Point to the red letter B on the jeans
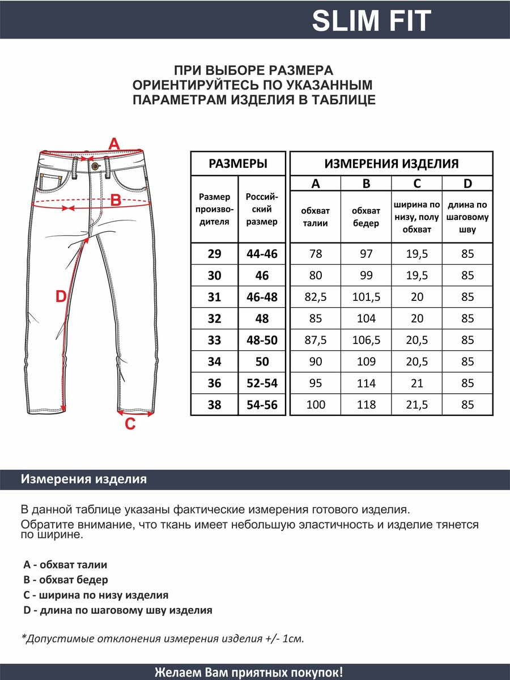click(x=115, y=200)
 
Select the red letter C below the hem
click(x=130, y=423)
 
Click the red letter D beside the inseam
click(x=61, y=296)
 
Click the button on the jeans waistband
click(x=95, y=165)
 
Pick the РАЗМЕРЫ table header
click(x=238, y=164)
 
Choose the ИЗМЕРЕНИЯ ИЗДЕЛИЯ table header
click(x=391, y=164)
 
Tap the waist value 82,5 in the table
click(x=316, y=297)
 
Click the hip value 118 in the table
click(x=366, y=405)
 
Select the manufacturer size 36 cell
click(x=214, y=383)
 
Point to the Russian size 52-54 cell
click(x=262, y=383)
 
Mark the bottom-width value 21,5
click(x=417, y=405)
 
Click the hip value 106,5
click(x=366, y=340)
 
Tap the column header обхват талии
click(x=316, y=217)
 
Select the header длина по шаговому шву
click(x=467, y=217)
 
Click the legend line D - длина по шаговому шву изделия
click(x=118, y=610)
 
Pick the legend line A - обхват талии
click(x=65, y=564)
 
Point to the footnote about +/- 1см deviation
click(x=163, y=639)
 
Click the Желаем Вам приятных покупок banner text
click(x=249, y=673)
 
